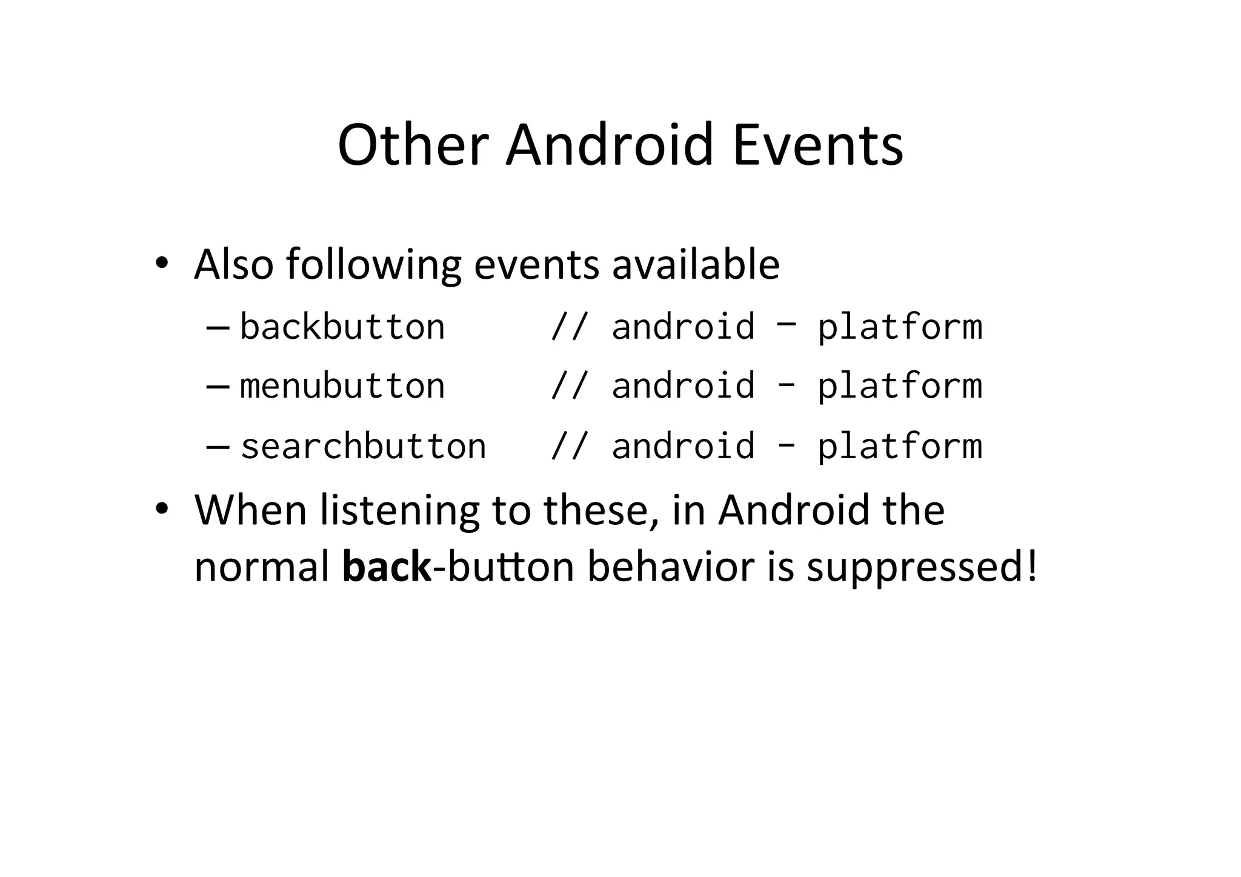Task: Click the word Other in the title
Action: coord(413,145)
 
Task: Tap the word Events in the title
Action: coord(817,145)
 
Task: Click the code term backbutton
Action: coord(342,327)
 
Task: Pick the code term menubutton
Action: coord(342,386)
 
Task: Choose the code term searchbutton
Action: coord(363,447)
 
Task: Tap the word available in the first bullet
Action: coord(696,265)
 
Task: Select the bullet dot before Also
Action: coord(161,263)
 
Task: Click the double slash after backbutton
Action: coord(568,327)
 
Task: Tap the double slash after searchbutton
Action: coord(568,447)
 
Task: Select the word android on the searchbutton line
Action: coord(684,447)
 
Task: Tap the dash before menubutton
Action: coord(218,387)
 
